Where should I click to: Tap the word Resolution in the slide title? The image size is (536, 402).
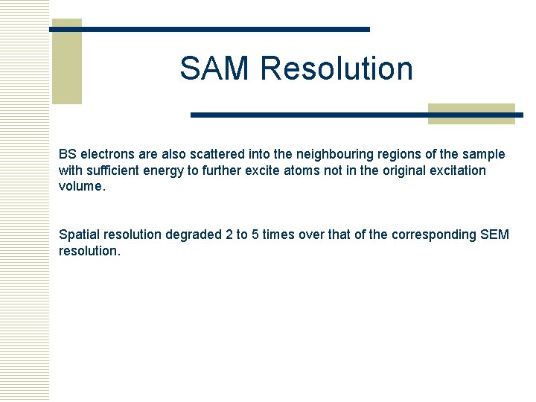coord(336,68)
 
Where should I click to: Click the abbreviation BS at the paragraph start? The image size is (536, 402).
coord(68,154)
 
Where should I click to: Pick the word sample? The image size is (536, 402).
coord(484,154)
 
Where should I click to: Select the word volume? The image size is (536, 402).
coord(81,186)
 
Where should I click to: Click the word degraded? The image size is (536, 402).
coord(193,234)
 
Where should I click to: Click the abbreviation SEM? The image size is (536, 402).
coord(495,234)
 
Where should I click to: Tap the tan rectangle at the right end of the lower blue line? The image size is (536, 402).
coord(472,113)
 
